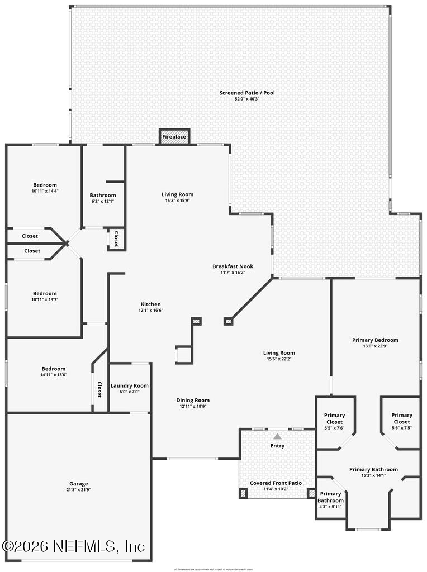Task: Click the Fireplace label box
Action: tap(174, 136)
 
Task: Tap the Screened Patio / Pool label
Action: tap(247, 93)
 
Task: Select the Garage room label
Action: tap(79, 484)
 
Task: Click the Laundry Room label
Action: tap(130, 385)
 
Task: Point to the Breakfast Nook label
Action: tap(229, 266)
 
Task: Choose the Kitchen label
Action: tap(151, 304)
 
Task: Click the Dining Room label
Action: tap(193, 400)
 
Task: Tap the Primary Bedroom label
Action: tap(375, 340)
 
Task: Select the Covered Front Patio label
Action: tap(276, 483)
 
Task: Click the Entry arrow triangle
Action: tap(277, 436)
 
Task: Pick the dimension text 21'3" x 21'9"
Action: tap(79, 490)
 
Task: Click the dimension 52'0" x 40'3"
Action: tap(247, 99)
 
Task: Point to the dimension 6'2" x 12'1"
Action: tap(103, 201)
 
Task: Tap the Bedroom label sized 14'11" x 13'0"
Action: tap(53, 369)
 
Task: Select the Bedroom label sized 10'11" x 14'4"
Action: tap(45, 185)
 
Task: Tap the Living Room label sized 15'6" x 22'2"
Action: tap(279, 352)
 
